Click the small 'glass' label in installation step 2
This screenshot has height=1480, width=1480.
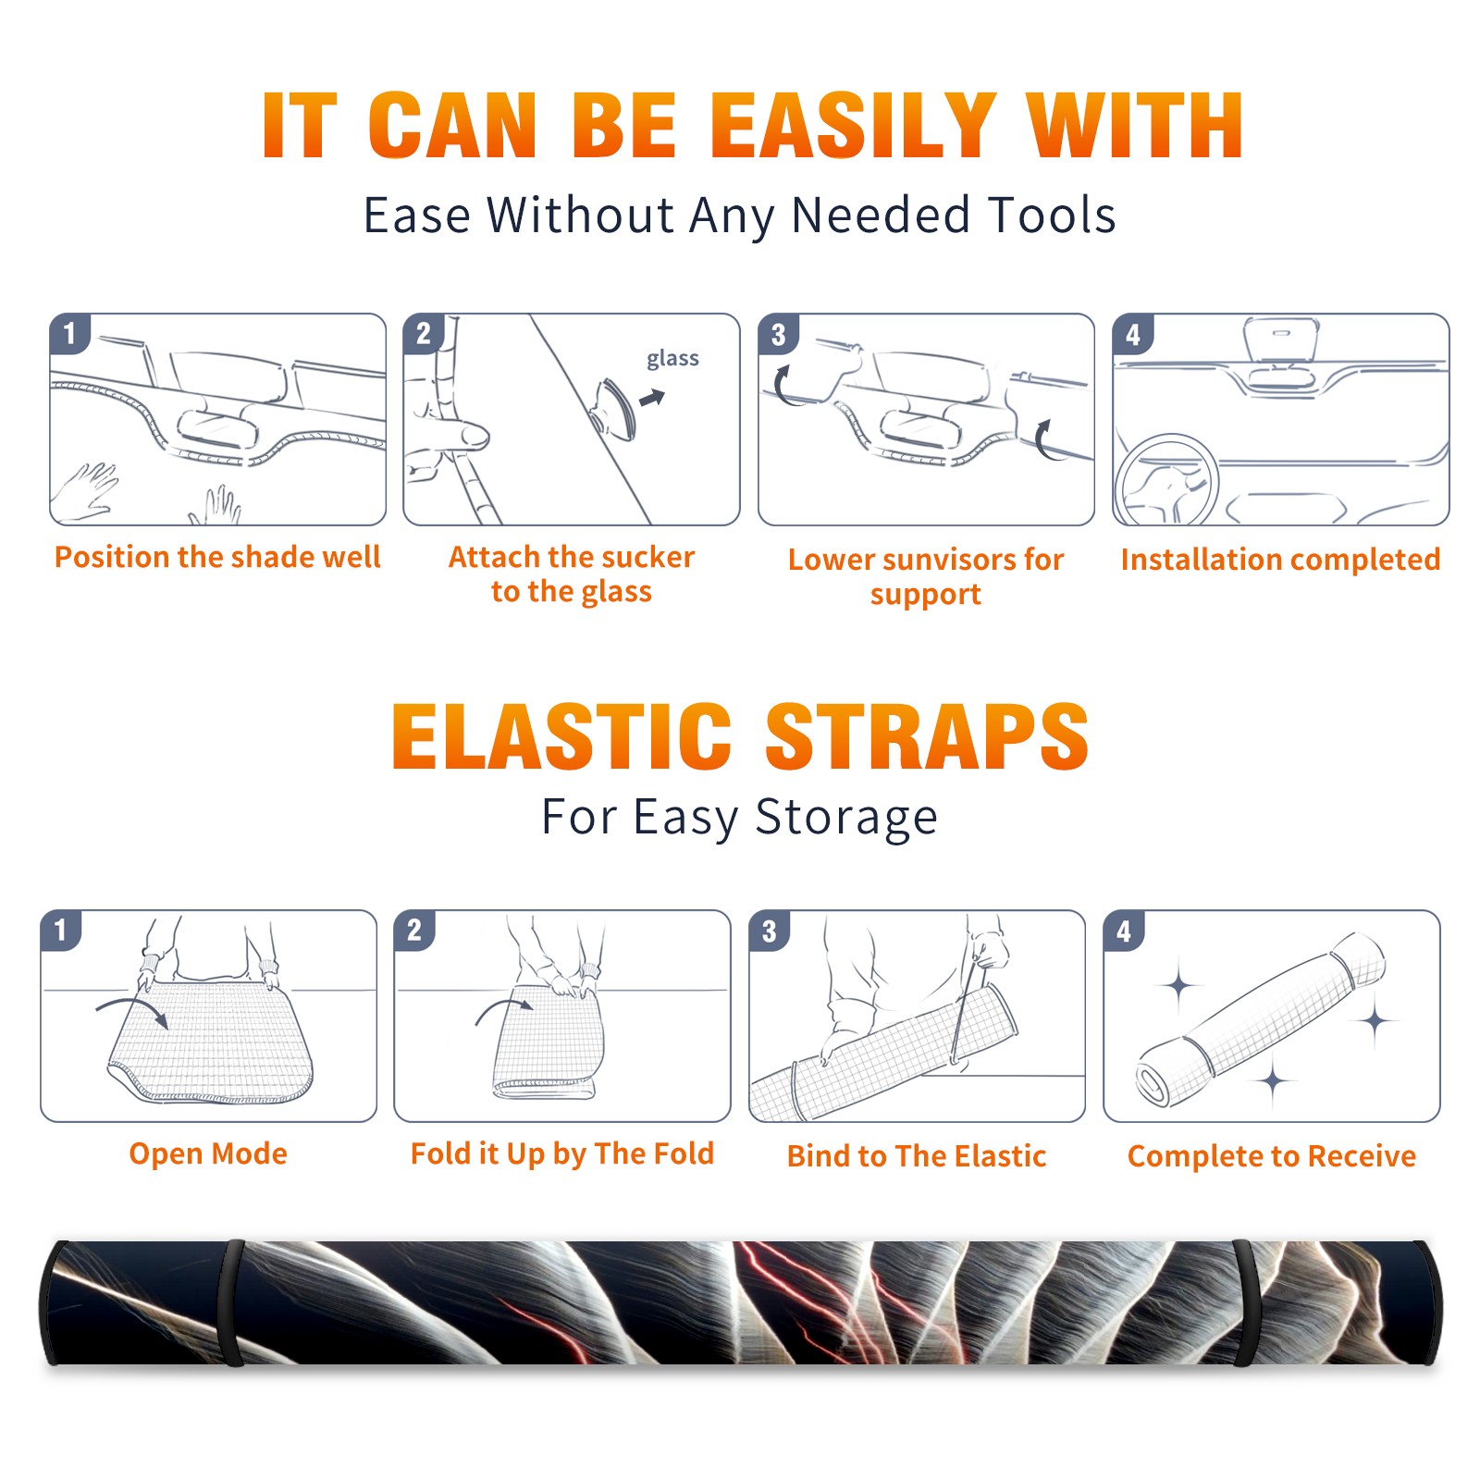click(x=672, y=359)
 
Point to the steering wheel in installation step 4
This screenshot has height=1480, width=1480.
click(x=1165, y=481)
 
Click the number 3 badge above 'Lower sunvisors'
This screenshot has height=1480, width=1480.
click(x=778, y=334)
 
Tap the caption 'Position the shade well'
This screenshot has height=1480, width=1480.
click(x=217, y=557)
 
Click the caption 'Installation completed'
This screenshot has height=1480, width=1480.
click(x=1280, y=560)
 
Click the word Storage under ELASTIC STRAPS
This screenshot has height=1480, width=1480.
click(x=846, y=818)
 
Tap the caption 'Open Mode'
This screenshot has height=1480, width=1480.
click(x=208, y=1153)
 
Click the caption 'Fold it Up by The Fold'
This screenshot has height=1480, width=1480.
click(x=562, y=1153)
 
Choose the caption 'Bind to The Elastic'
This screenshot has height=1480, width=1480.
click(x=917, y=1156)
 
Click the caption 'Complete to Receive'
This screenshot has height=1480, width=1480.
click(x=1272, y=1156)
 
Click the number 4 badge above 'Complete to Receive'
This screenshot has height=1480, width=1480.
click(x=1124, y=931)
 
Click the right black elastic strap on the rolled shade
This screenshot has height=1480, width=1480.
click(x=1248, y=1302)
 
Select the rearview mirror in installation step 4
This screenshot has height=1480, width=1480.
click(x=1280, y=339)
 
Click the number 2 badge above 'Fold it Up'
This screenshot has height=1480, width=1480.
click(x=413, y=931)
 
